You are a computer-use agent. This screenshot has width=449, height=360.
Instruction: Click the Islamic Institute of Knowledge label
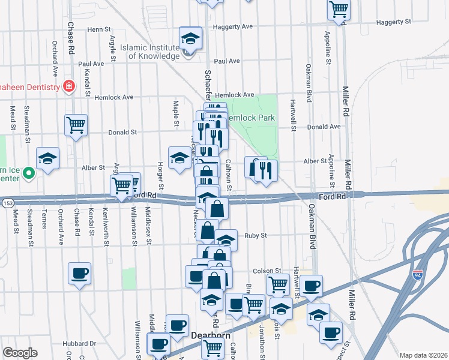click(150, 52)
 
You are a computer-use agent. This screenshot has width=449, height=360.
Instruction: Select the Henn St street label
click(99, 29)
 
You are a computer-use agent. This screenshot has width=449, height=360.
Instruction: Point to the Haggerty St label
click(393, 22)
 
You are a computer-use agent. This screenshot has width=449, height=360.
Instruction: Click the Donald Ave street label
click(324, 127)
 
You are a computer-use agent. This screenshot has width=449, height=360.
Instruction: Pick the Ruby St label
click(255, 236)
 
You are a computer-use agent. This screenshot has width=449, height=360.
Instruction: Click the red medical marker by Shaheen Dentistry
click(70, 86)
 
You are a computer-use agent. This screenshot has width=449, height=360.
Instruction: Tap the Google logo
click(20, 352)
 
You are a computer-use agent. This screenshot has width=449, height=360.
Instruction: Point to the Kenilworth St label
click(106, 226)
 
